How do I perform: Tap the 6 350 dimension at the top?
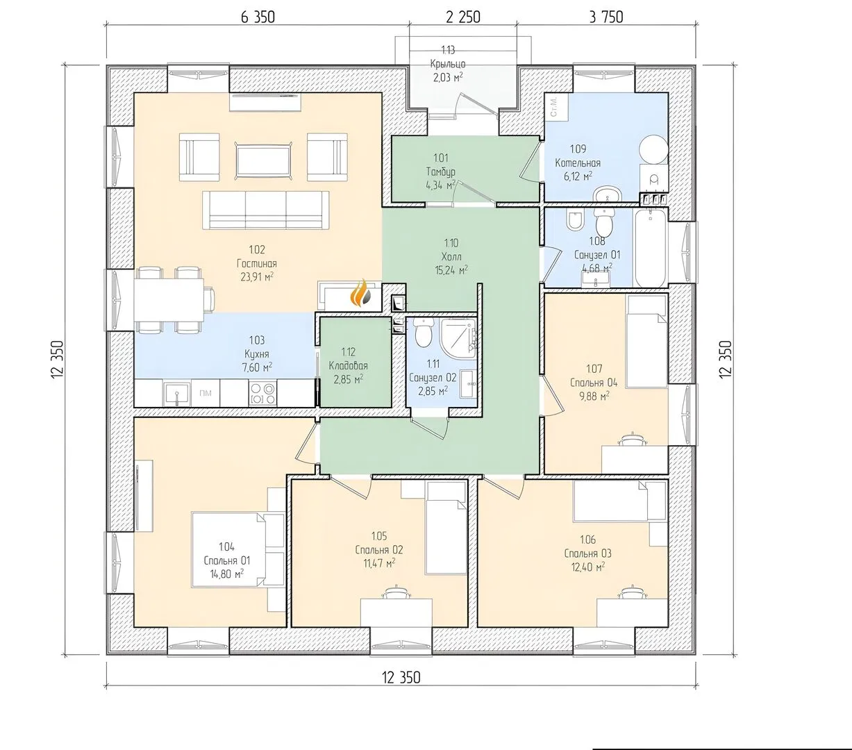(258, 17)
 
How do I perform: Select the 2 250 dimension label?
(463, 17)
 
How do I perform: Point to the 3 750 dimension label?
(606, 17)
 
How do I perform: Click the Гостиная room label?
(257, 264)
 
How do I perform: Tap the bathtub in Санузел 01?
(651, 248)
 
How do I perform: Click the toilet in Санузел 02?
(423, 333)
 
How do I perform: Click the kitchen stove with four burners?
(263, 393)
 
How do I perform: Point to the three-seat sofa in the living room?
(266, 210)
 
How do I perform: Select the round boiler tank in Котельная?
(653, 150)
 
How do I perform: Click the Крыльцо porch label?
(448, 64)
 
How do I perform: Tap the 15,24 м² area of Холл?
(451, 270)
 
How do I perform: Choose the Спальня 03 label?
(588, 553)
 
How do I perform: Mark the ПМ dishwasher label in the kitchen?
(206, 393)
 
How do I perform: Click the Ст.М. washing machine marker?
(554, 107)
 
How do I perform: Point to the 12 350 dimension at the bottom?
(401, 678)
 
